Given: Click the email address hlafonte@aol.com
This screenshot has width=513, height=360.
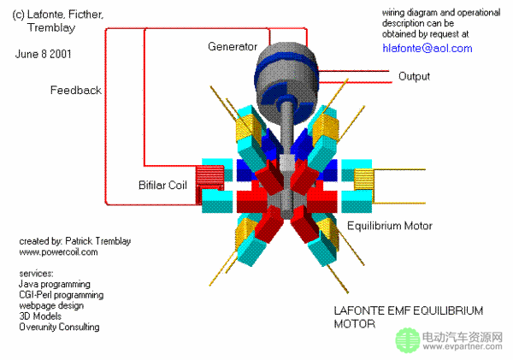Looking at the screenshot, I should [x=427, y=49].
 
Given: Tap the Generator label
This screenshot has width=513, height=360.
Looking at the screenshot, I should [x=233, y=45].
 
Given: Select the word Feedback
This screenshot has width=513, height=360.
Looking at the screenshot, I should [x=75, y=90].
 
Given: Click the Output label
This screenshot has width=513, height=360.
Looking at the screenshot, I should [x=414, y=76].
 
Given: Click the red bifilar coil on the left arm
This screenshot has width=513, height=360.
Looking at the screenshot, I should [x=209, y=179].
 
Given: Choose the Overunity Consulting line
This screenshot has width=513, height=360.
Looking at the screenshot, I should [x=59, y=327].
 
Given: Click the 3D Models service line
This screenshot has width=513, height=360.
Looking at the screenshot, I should [x=39, y=316].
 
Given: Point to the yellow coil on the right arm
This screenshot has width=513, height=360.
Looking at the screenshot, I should [x=364, y=180].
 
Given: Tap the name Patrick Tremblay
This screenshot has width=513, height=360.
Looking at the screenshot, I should [x=91, y=242].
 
